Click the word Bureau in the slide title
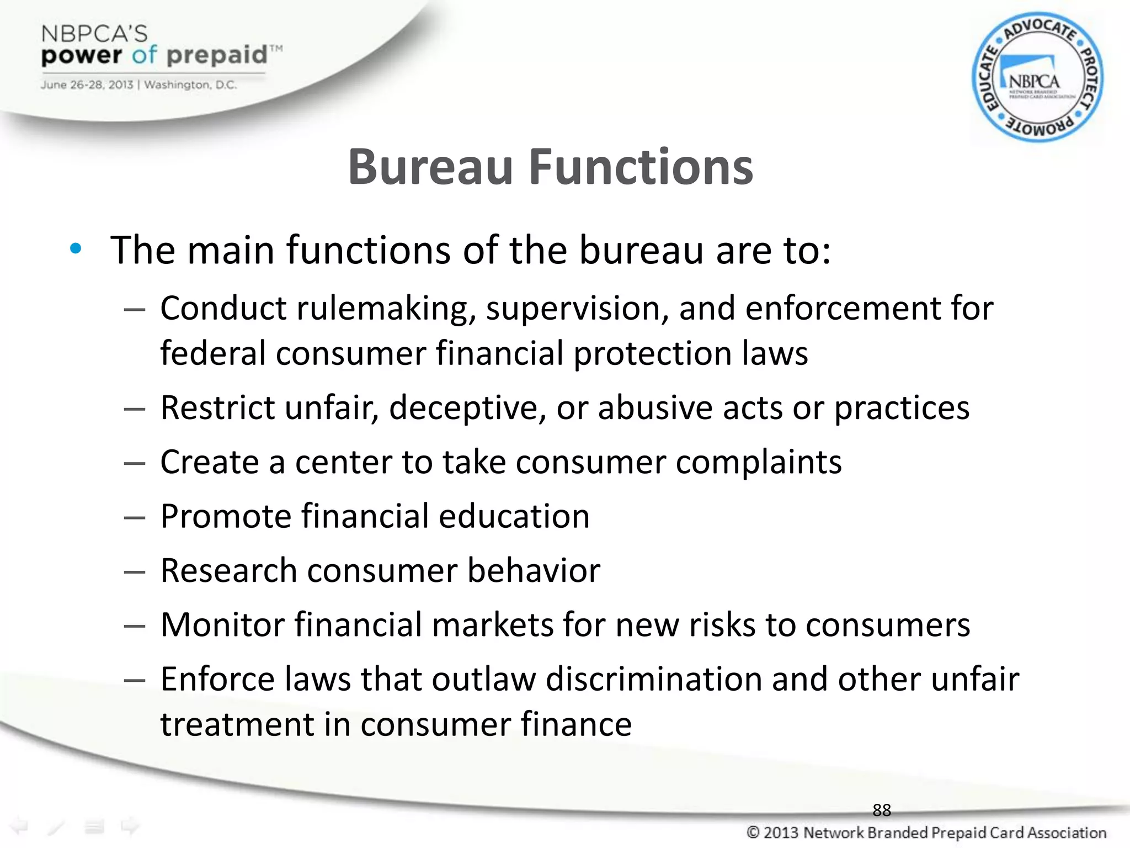[x=430, y=167]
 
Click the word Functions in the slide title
[x=641, y=167]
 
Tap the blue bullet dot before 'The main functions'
[x=76, y=249]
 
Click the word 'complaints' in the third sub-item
[x=759, y=462]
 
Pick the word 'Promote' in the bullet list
[x=226, y=516]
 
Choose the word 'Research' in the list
[x=228, y=570]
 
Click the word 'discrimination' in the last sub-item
[x=653, y=679]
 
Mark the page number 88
[x=882, y=810]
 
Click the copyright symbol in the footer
[x=753, y=832]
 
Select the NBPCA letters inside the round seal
[x=1034, y=82]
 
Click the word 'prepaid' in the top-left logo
[x=217, y=55]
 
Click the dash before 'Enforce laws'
[x=134, y=680]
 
